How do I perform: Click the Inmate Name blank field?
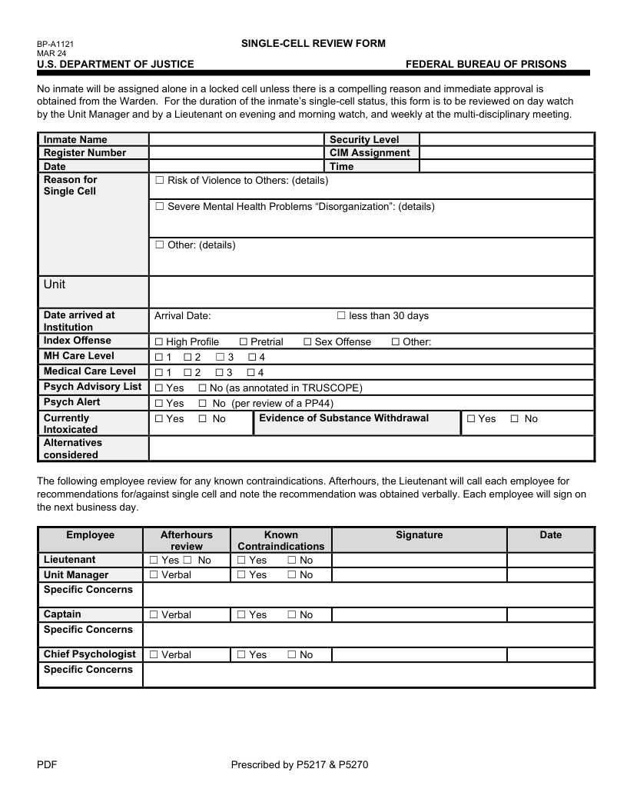[x=237, y=139]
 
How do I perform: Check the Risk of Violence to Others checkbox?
[x=160, y=180]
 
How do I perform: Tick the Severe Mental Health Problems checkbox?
[x=160, y=207]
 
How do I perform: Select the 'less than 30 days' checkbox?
[x=341, y=316]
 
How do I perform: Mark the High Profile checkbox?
[x=159, y=341]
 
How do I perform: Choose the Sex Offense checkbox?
[x=307, y=341]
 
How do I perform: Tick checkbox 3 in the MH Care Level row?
[x=220, y=357]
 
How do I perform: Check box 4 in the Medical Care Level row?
[x=252, y=372]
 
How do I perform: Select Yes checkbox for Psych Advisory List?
[x=159, y=388]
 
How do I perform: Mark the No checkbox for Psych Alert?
[x=203, y=403]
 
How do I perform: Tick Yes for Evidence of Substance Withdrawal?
[x=471, y=419]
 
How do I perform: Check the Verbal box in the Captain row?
[x=154, y=615]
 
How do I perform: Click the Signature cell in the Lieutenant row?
[x=419, y=560]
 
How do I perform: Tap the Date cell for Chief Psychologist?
[x=550, y=654]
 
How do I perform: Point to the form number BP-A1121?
[x=55, y=45]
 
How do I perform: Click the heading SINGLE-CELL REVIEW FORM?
[x=313, y=43]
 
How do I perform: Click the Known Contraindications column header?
[x=280, y=540]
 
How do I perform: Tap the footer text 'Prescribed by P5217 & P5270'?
[x=301, y=764]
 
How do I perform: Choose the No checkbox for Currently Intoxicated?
[x=203, y=419]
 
